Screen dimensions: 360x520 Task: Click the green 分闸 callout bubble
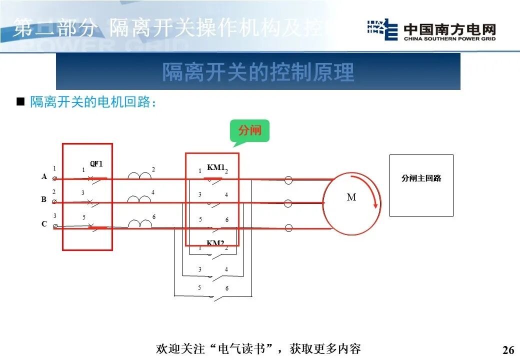pyautogui.click(x=249, y=131)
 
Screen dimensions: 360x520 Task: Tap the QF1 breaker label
pyautogui.click(x=96, y=164)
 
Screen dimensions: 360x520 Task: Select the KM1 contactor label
pyautogui.click(x=215, y=167)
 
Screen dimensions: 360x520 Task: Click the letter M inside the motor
pyautogui.click(x=351, y=197)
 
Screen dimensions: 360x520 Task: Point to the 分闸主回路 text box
pyautogui.click(x=421, y=178)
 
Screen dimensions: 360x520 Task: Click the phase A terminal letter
pyautogui.click(x=44, y=176)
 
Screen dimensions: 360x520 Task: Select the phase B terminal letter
pyautogui.click(x=44, y=199)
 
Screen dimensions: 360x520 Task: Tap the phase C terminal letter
pyautogui.click(x=44, y=224)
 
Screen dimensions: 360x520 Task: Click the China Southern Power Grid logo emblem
pyautogui.click(x=382, y=30)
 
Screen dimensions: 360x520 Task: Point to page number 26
pyautogui.click(x=508, y=349)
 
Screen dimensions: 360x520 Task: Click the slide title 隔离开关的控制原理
pyautogui.click(x=258, y=72)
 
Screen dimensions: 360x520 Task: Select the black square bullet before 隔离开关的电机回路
pyautogui.click(x=20, y=102)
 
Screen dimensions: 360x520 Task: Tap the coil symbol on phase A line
pyautogui.click(x=139, y=175)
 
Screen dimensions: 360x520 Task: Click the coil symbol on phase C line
pyautogui.click(x=139, y=223)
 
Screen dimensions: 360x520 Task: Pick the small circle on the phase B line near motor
pyautogui.click(x=288, y=203)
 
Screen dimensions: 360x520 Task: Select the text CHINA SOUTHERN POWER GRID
pyautogui.click(x=449, y=38)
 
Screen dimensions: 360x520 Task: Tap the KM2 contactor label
pyautogui.click(x=215, y=243)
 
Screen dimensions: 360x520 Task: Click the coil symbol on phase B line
pyautogui.click(x=139, y=199)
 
